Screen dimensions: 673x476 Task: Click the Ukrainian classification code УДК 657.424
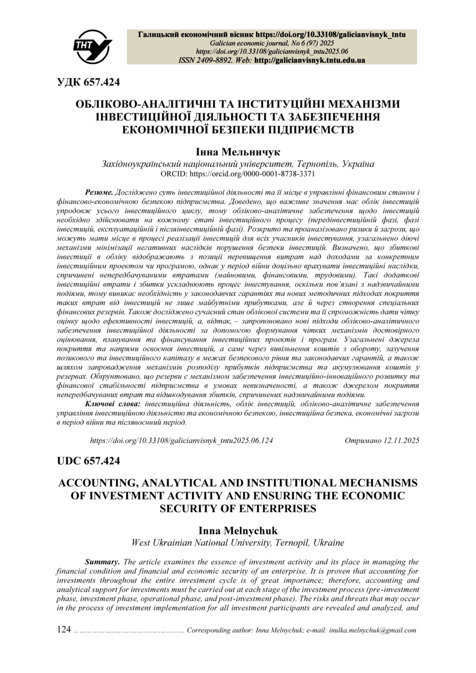pyautogui.click(x=88, y=82)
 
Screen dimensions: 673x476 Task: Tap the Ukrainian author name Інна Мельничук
pyautogui.click(x=238, y=153)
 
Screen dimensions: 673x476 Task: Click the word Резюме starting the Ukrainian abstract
pyautogui.click(x=99, y=193)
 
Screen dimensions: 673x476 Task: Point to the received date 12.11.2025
pyautogui.click(x=401, y=441)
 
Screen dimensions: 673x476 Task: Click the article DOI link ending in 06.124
pyautogui.click(x=181, y=441)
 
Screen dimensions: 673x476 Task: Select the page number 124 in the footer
pyautogui.click(x=64, y=630)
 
